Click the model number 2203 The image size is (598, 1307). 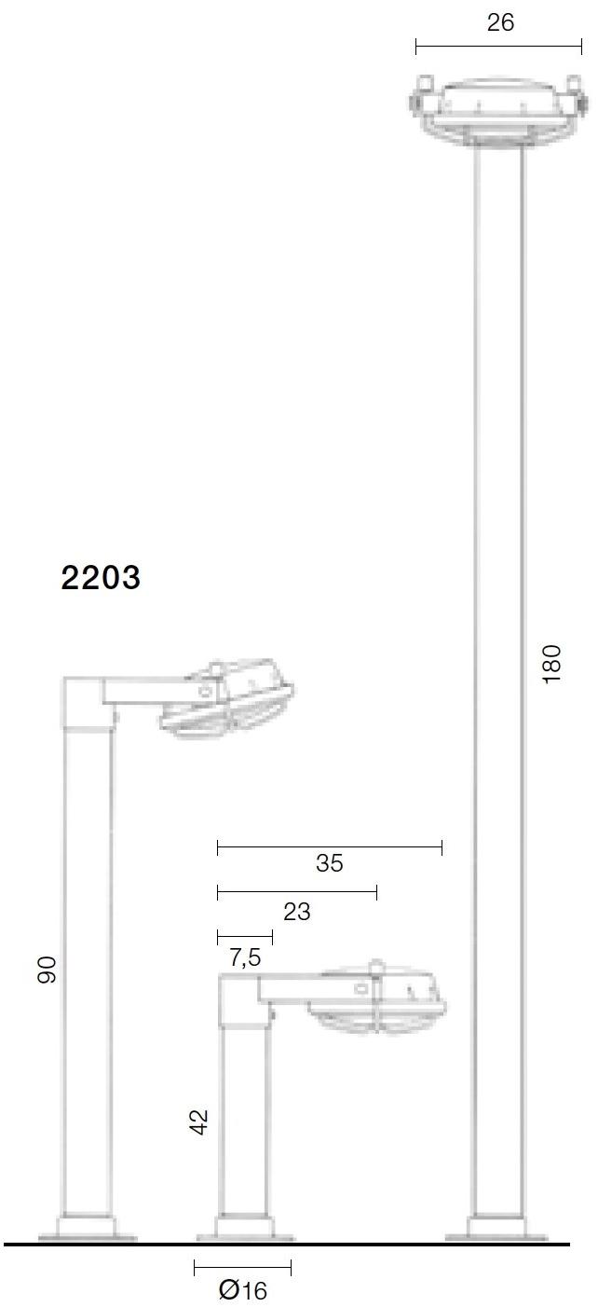pos(101,578)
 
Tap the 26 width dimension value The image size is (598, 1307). pos(500,22)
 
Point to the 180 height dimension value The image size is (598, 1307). pos(552,664)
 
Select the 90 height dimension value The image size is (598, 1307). pos(48,970)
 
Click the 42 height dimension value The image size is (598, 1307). pos(198,1121)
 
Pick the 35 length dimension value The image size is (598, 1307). pos(329,863)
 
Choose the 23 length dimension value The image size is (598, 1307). pos(296,911)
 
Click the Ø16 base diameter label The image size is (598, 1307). pos(242,1290)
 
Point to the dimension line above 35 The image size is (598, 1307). pos(329,847)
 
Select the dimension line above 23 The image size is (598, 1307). pos(296,893)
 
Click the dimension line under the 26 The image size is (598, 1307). pos(498,46)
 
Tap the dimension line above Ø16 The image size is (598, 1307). pos(242,1268)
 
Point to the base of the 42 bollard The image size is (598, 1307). pos(244,1230)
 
